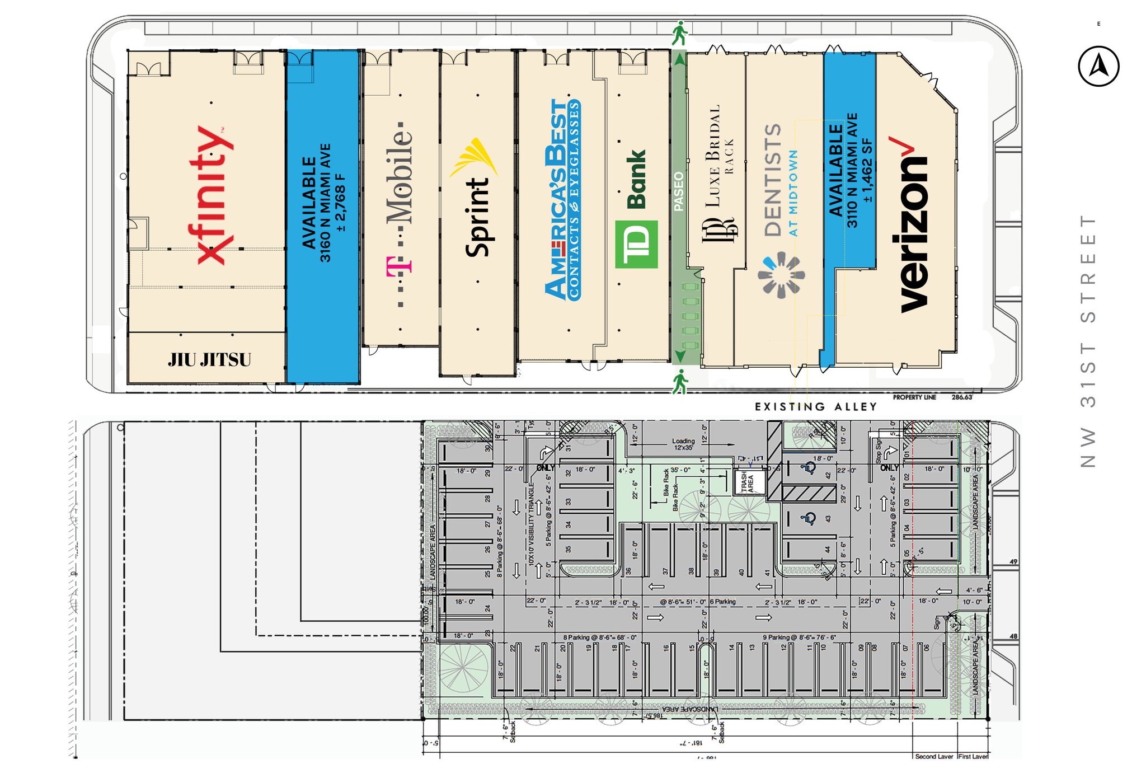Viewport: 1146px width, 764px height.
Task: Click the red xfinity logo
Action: pyautogui.click(x=211, y=195)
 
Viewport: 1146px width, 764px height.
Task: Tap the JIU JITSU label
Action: pyautogui.click(x=209, y=359)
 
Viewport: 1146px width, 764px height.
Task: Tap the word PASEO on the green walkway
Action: pyautogui.click(x=679, y=191)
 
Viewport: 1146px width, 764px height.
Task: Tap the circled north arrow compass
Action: pyautogui.click(x=1098, y=67)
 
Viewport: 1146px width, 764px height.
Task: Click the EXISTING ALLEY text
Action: pyautogui.click(x=815, y=407)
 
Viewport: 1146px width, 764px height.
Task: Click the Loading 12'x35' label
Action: pyautogui.click(x=683, y=444)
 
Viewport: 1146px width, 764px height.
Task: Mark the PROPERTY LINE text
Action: pyautogui.click(x=914, y=397)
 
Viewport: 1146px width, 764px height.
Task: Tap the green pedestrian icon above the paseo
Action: pyautogui.click(x=679, y=33)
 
